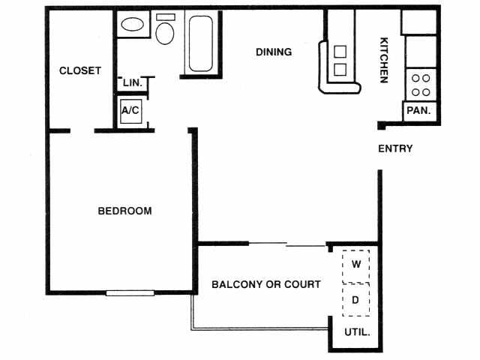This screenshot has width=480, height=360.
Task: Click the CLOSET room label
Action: tap(79, 71)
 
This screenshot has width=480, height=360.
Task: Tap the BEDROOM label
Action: tap(124, 211)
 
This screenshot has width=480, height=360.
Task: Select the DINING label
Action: tap(274, 52)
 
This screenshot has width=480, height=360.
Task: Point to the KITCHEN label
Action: tap(383, 60)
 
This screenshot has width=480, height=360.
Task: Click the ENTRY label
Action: tap(395, 148)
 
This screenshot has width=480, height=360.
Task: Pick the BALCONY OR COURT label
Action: tap(266, 285)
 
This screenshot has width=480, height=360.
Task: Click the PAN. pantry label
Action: tap(417, 110)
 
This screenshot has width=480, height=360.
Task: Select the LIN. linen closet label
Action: tap(132, 82)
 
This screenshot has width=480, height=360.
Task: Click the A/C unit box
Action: tap(130, 111)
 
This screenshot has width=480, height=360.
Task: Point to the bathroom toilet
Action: tap(165, 31)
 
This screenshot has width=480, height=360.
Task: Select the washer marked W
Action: tap(356, 264)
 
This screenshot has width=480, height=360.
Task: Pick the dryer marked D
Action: tap(356, 300)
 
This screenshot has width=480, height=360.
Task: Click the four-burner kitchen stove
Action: tap(421, 85)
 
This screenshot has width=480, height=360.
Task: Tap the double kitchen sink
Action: tap(340, 61)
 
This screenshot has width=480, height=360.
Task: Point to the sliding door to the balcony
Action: tap(287, 244)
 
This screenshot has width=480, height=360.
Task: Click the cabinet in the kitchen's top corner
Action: tap(419, 22)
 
